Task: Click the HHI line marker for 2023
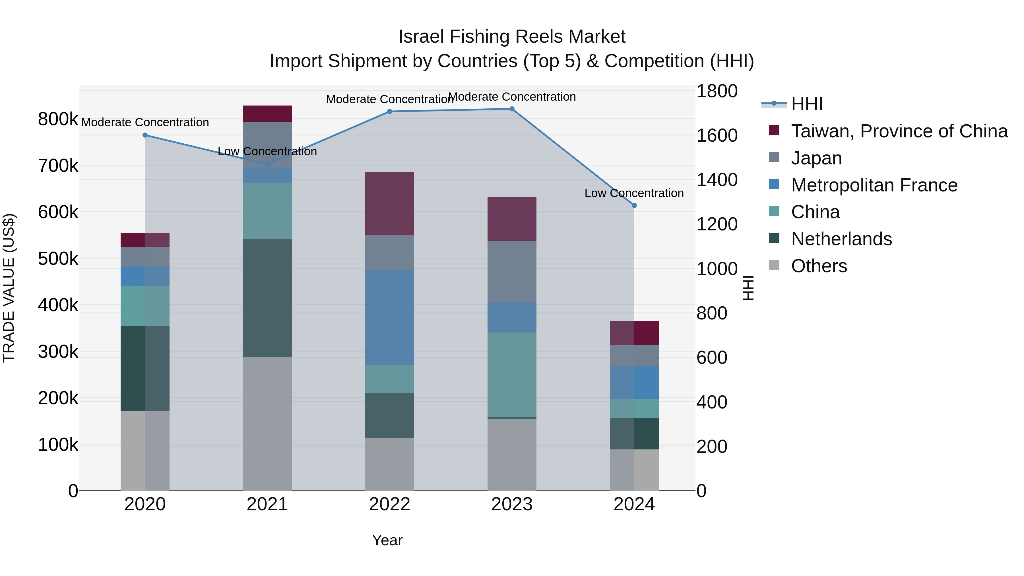[x=512, y=109]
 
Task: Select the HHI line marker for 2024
[x=634, y=206]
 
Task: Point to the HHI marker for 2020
[x=145, y=135]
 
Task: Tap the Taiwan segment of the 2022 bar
[x=390, y=204]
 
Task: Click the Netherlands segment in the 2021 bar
[x=267, y=298]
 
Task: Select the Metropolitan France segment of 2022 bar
[x=390, y=317]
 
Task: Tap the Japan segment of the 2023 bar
[x=512, y=272]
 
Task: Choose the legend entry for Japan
[x=816, y=158]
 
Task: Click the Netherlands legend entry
[x=841, y=239]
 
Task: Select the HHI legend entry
[x=807, y=104]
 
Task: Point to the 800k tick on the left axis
[x=58, y=119]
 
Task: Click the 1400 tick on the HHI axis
[x=717, y=180]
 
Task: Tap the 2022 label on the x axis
[x=390, y=504]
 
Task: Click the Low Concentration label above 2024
[x=634, y=193]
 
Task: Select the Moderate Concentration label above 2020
[x=145, y=122]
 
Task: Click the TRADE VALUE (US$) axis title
[x=9, y=288]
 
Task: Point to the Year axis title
[x=387, y=540]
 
